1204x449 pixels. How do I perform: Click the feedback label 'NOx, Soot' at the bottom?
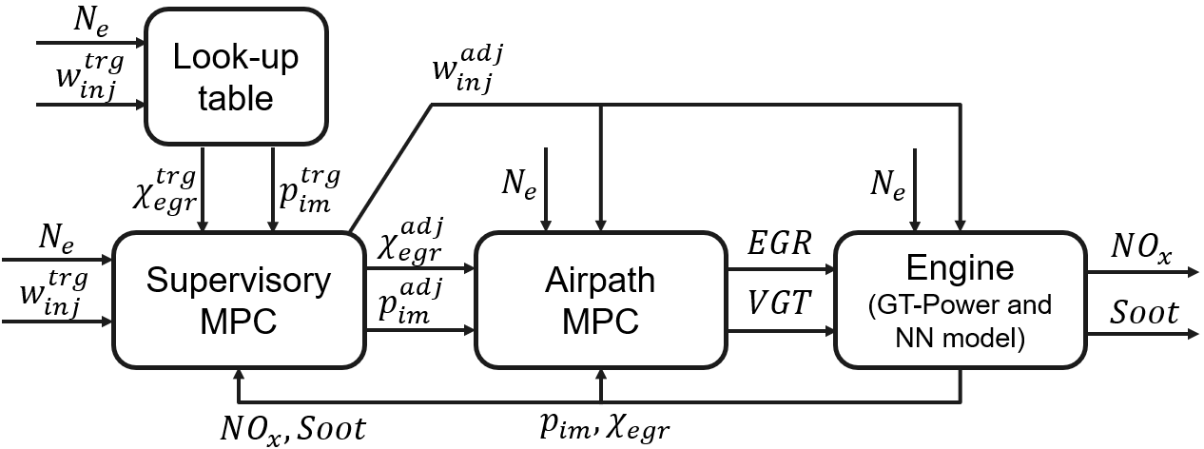pos(291,428)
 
